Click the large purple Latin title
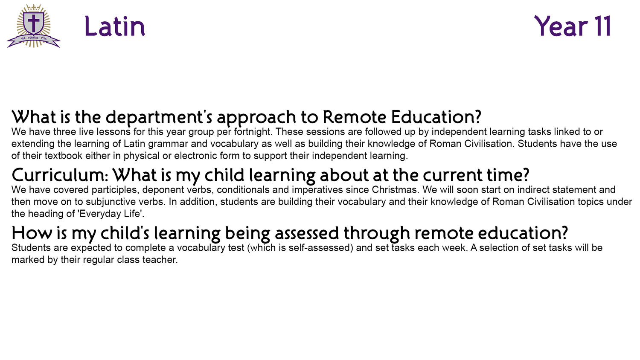(x=115, y=26)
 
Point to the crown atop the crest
(x=34, y=8)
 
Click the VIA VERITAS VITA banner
(x=34, y=40)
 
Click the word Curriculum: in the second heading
(x=60, y=175)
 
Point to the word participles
(x=114, y=190)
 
